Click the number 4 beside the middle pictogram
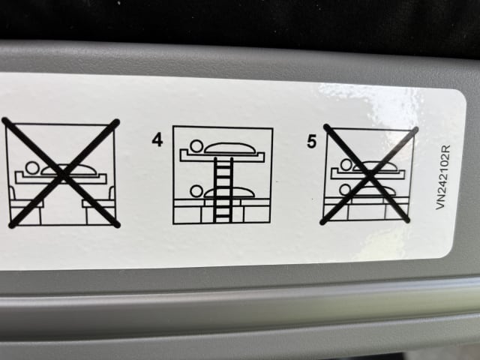tap(157, 140)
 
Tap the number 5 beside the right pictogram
tap(311, 142)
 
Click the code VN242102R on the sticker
tap(443, 177)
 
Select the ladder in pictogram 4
tap(223, 190)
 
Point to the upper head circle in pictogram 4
tap(196, 146)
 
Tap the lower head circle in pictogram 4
tap(196, 191)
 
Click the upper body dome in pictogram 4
tap(230, 148)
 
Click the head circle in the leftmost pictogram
tap(32, 168)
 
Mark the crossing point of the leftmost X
tap(63, 174)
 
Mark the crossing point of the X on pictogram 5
tap(370, 175)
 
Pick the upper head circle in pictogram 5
tap(346, 165)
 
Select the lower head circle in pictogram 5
tap(346, 190)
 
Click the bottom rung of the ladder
tap(223, 217)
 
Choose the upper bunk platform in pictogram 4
tap(222, 157)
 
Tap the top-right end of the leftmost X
tap(117, 121)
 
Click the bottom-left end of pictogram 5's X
tap(322, 222)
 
